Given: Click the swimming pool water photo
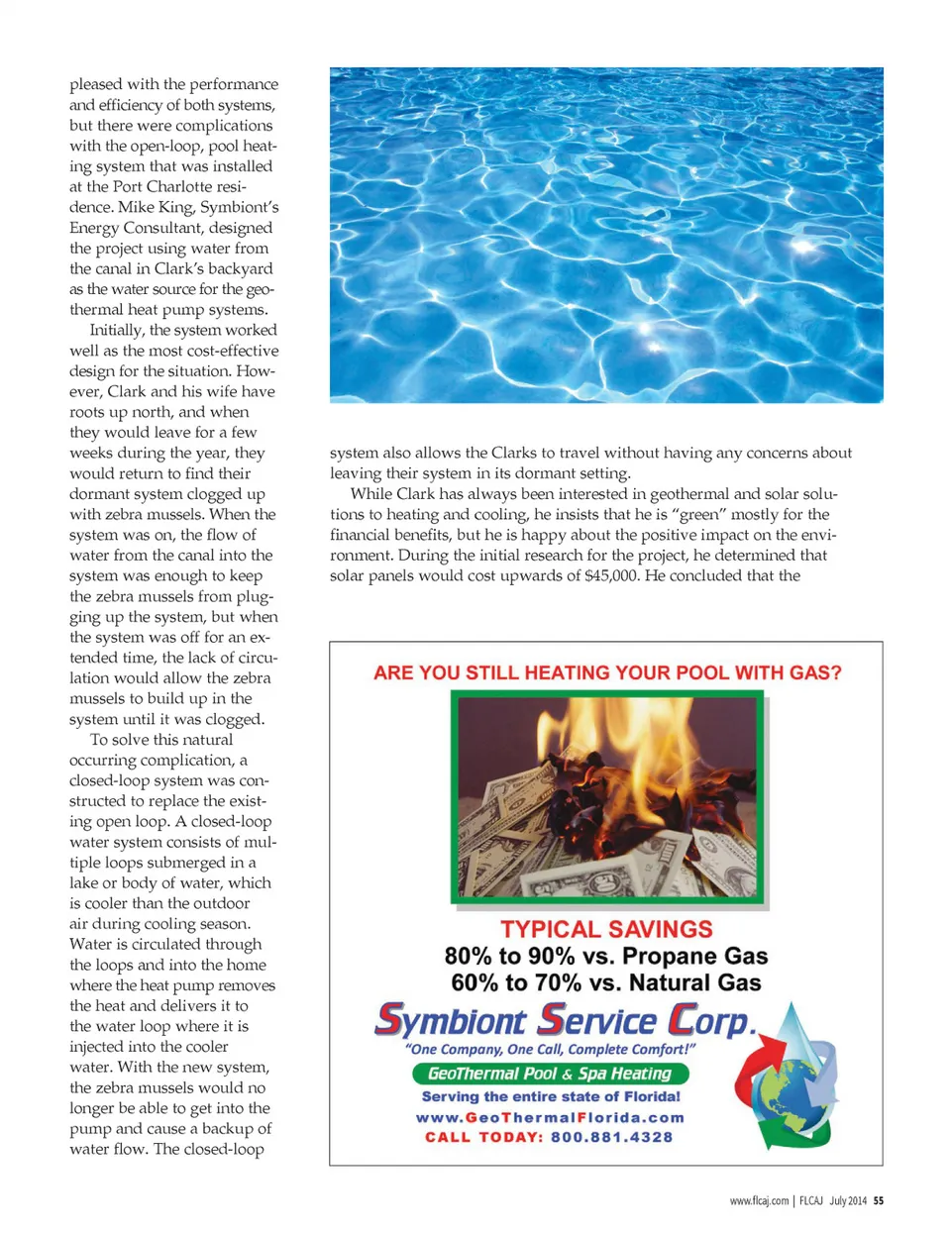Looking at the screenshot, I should (x=605, y=235).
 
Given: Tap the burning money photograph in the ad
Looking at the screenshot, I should (x=607, y=797).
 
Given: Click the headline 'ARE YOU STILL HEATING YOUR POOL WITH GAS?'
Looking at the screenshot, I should (x=607, y=672).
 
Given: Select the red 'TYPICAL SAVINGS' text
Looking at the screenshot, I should (x=606, y=929).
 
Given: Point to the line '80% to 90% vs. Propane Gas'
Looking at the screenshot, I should (x=606, y=956).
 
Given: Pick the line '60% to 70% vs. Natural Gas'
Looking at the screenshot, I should (x=606, y=982).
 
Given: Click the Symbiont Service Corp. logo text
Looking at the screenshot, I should (x=565, y=1020).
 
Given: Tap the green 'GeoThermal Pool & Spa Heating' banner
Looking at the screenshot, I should (x=550, y=1074).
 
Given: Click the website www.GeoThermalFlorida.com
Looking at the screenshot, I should (x=550, y=1117).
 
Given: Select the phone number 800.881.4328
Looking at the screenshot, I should (x=611, y=1137).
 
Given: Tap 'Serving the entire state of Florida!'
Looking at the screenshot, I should (x=551, y=1096).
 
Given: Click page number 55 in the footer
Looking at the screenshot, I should (x=879, y=1200).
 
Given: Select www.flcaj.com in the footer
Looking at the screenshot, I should (x=759, y=1200).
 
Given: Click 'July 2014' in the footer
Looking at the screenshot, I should (x=848, y=1200).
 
